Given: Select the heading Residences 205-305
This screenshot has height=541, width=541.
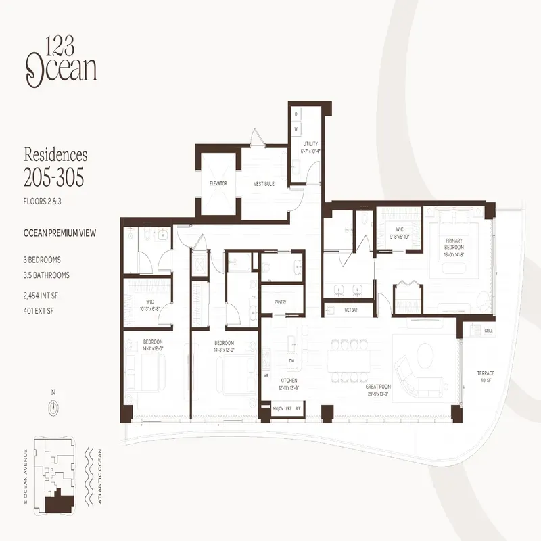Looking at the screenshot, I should click(x=55, y=167).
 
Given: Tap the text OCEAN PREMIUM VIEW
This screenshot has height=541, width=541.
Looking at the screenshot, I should click(x=60, y=233).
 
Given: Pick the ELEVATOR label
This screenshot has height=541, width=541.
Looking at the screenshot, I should click(x=217, y=183).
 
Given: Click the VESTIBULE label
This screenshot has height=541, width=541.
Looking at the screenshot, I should click(x=264, y=183).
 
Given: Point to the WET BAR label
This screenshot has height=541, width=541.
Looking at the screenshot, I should click(x=350, y=310).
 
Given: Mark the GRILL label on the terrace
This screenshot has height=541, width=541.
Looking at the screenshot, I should click(x=488, y=331).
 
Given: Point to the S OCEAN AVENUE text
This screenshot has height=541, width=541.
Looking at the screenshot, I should click(x=26, y=477).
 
